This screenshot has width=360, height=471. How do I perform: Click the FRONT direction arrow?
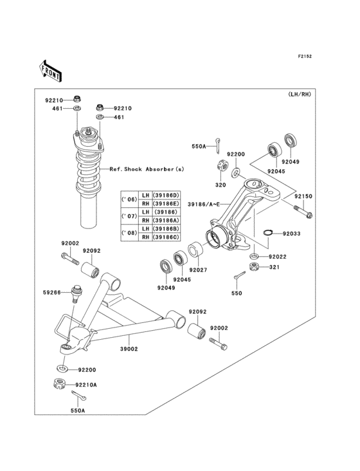(x=51, y=70)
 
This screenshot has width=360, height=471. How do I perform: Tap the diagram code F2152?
(x=304, y=57)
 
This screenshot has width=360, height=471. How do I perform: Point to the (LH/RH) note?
(x=299, y=95)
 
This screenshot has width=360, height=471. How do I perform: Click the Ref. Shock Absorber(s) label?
(x=147, y=169)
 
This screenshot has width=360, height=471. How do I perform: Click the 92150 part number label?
(x=303, y=196)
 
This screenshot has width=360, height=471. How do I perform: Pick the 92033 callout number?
(x=291, y=234)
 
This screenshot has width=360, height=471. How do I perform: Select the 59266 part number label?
(x=52, y=293)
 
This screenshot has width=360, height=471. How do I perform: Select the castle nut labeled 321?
(x=254, y=265)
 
